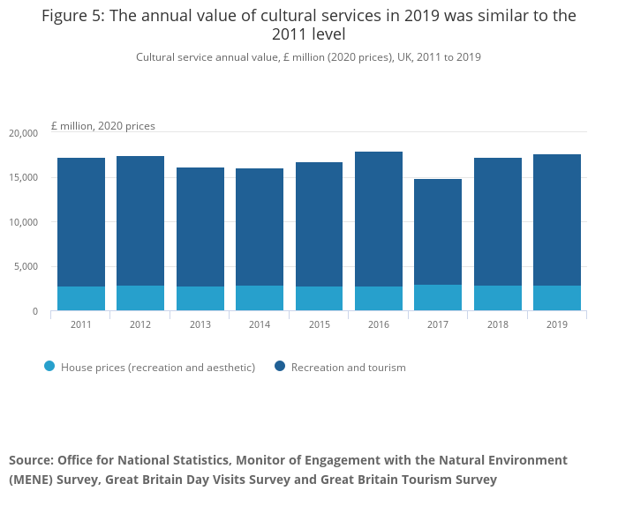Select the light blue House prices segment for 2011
pos(81,298)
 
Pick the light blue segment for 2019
pos(556,298)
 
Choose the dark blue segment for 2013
pos(200,227)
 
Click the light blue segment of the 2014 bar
pos(260,298)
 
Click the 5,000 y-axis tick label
pos(26,267)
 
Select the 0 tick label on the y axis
pos(34,312)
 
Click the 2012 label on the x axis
pos(140,324)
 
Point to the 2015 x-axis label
pos(319,324)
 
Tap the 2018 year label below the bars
pos(497,324)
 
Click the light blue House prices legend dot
pos(49,367)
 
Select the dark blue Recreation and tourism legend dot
pos(280,367)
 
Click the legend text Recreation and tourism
pos(348,368)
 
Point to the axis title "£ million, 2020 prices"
pos(103,126)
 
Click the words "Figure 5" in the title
pos(72,16)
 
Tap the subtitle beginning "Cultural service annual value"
pos(308,57)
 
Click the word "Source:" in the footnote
pos(31,460)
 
